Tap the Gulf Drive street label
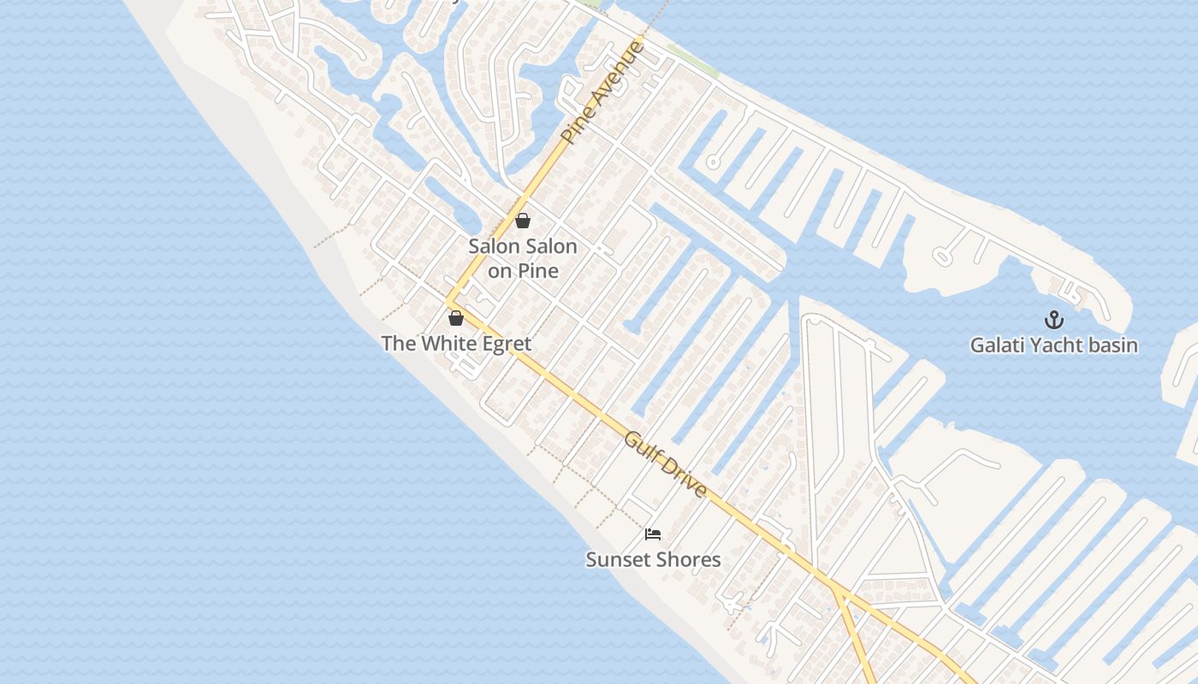666,465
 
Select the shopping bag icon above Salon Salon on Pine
523,221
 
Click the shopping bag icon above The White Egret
456,318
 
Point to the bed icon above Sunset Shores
653,534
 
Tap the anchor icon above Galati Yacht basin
1053,321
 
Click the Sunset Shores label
653,560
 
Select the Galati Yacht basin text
1053,345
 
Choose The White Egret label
456,344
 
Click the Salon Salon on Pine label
523,258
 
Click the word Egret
505,344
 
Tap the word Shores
689,560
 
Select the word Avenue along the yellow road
616,73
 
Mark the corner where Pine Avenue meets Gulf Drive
448,303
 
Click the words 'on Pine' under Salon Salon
523,271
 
